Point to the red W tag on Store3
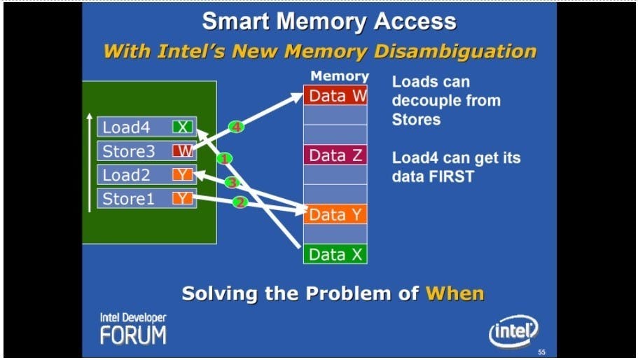click(x=183, y=151)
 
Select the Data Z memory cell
click(x=335, y=155)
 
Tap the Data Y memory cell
click(x=335, y=214)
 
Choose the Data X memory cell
click(x=335, y=254)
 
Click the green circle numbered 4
click(x=236, y=127)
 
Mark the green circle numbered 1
click(x=224, y=158)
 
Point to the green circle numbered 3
click(x=232, y=183)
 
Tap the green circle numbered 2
click(x=240, y=202)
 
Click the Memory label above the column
click(x=340, y=76)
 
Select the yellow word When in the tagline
click(x=455, y=293)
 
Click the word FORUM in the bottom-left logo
click(x=133, y=336)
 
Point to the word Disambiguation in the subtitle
click(x=456, y=51)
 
